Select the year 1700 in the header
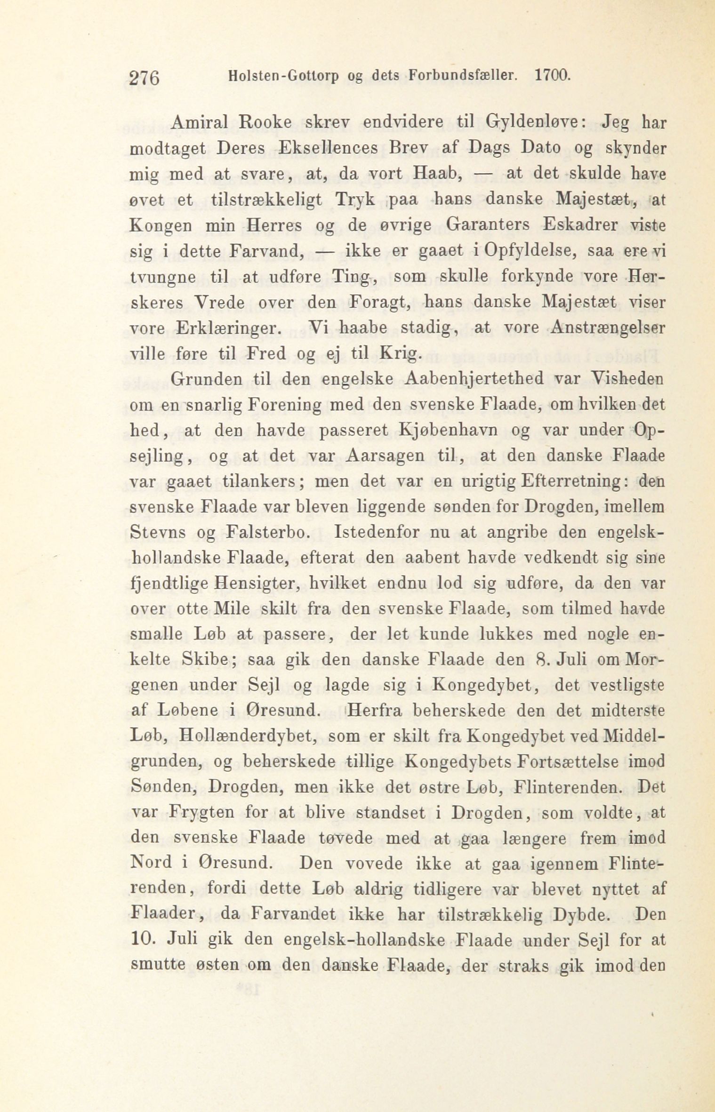(553, 75)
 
